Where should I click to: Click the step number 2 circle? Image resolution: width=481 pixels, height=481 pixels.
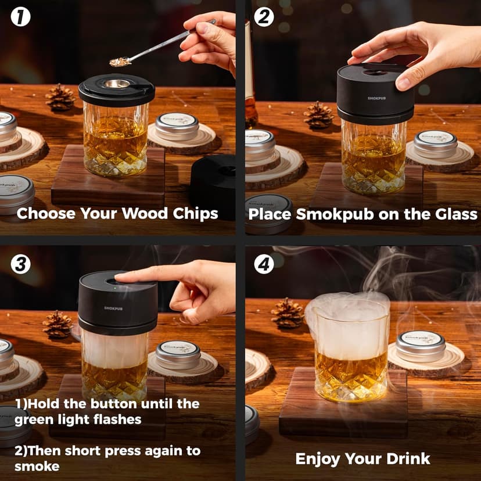pyautogui.click(x=264, y=17)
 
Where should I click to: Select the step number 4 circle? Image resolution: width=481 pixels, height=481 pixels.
pyautogui.click(x=264, y=264)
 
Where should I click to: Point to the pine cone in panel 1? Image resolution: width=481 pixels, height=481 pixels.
pyautogui.click(x=60, y=97)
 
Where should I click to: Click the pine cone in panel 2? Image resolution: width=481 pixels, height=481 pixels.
pyautogui.click(x=318, y=114)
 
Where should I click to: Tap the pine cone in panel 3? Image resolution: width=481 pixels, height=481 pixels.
pyautogui.click(x=58, y=324)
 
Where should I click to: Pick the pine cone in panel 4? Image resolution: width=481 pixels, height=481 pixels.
pyautogui.click(x=288, y=313)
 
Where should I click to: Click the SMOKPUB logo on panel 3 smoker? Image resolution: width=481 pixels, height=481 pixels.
pyautogui.click(x=113, y=308)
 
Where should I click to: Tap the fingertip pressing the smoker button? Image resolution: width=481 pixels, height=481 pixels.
pyautogui.click(x=120, y=277)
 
